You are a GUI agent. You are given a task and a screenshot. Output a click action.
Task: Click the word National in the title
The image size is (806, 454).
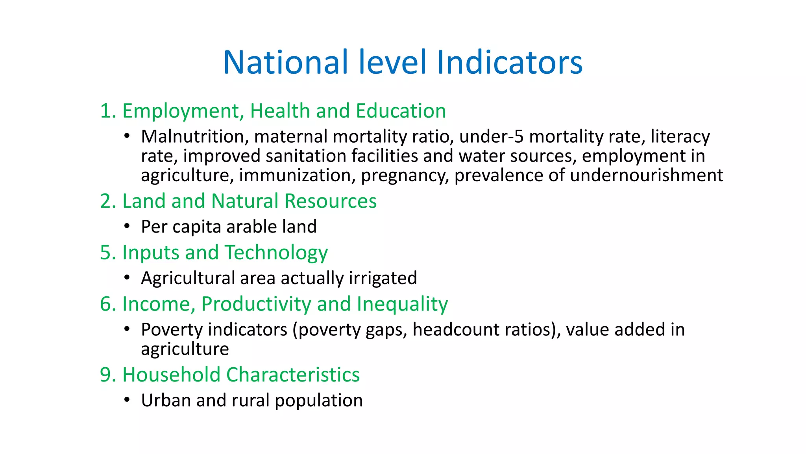(x=286, y=62)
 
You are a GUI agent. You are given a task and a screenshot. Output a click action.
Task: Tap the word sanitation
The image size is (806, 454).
(x=306, y=156)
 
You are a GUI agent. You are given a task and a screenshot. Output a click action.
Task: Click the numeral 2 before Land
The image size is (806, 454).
(x=106, y=201)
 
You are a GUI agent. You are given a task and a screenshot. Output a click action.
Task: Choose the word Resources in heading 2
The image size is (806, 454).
(x=331, y=201)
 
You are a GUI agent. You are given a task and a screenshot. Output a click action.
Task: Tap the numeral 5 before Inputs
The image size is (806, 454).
(x=106, y=253)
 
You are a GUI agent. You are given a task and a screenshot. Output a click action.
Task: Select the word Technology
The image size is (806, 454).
(x=276, y=253)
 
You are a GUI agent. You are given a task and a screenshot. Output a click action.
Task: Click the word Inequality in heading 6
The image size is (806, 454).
(x=402, y=304)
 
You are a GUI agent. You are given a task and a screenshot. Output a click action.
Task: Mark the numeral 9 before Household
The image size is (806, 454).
(x=106, y=375)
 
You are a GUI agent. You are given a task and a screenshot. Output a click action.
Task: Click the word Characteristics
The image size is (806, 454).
(x=293, y=375)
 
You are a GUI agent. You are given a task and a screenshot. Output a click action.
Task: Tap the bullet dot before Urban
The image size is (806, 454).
(x=126, y=400)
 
